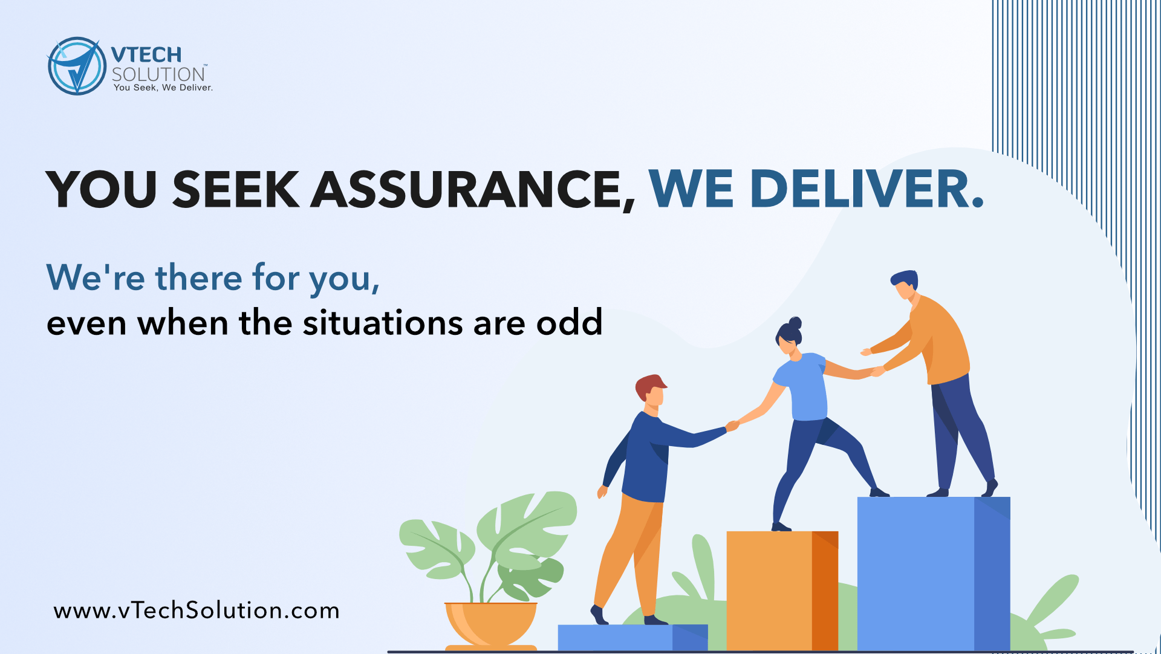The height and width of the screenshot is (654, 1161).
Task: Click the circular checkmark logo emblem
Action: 77,66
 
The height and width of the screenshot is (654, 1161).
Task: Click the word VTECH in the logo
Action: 146,55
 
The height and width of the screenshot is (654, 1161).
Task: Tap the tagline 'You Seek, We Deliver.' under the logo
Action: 163,88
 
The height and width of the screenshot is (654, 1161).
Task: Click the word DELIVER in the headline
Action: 859,189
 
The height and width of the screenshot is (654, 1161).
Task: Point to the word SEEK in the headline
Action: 236,189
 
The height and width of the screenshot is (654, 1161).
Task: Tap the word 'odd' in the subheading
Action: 570,322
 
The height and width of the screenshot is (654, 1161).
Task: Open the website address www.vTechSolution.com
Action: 197,610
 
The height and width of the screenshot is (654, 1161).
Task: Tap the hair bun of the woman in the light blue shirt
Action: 795,323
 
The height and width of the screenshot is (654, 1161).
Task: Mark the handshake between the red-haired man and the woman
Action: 732,426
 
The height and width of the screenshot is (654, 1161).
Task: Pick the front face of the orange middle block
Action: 769,591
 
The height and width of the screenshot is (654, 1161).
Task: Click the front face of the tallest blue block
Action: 915,574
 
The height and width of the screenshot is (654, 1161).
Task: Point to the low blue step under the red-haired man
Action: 633,638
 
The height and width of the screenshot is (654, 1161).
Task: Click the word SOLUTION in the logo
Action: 158,74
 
